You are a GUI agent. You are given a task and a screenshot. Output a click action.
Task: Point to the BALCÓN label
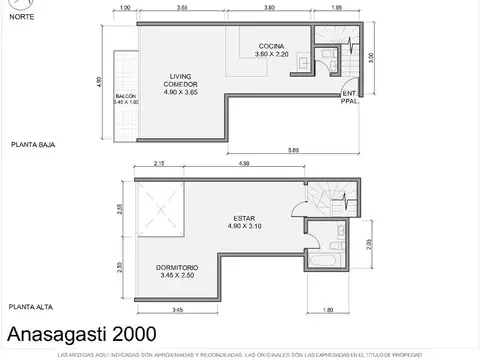coord(124,98)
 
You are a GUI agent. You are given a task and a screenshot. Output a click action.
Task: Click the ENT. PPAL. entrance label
coord(348,98)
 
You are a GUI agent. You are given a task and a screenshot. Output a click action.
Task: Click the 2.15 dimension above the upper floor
coord(159,164)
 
